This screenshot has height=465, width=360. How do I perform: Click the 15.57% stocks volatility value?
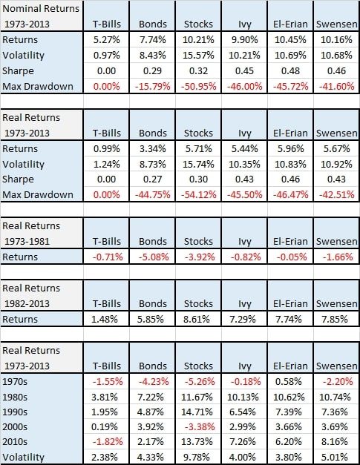tap(198, 56)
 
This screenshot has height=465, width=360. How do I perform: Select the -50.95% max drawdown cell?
tap(198, 86)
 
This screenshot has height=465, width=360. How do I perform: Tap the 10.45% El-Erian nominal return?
tap(290, 40)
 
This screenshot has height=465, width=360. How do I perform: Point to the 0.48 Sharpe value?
tap(290, 71)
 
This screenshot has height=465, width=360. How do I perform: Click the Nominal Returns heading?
tap(41, 9)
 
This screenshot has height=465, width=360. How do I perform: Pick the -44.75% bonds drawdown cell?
tap(153, 194)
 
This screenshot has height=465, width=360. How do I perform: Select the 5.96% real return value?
tap(290, 148)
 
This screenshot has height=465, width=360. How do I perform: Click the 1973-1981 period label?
tap(27, 241)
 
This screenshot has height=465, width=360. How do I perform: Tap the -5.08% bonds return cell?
tap(154, 257)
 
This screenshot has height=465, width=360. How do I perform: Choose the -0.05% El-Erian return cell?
tap(292, 257)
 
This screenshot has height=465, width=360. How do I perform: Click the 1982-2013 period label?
tap(27, 303)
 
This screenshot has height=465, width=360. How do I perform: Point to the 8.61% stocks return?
tap(196, 319)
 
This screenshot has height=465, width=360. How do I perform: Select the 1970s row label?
tap(15, 381)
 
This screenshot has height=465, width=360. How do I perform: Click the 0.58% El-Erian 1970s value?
tap(289, 381)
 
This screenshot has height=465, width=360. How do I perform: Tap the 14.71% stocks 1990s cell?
tap(197, 412)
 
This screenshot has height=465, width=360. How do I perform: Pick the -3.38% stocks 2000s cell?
tap(200, 426)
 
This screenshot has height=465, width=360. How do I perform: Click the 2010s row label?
tap(15, 441)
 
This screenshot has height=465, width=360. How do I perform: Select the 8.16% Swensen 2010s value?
tap(335, 441)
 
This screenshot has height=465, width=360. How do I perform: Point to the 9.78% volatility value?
tap(196, 457)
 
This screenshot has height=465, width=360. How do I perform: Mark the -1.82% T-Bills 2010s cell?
tap(108, 441)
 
